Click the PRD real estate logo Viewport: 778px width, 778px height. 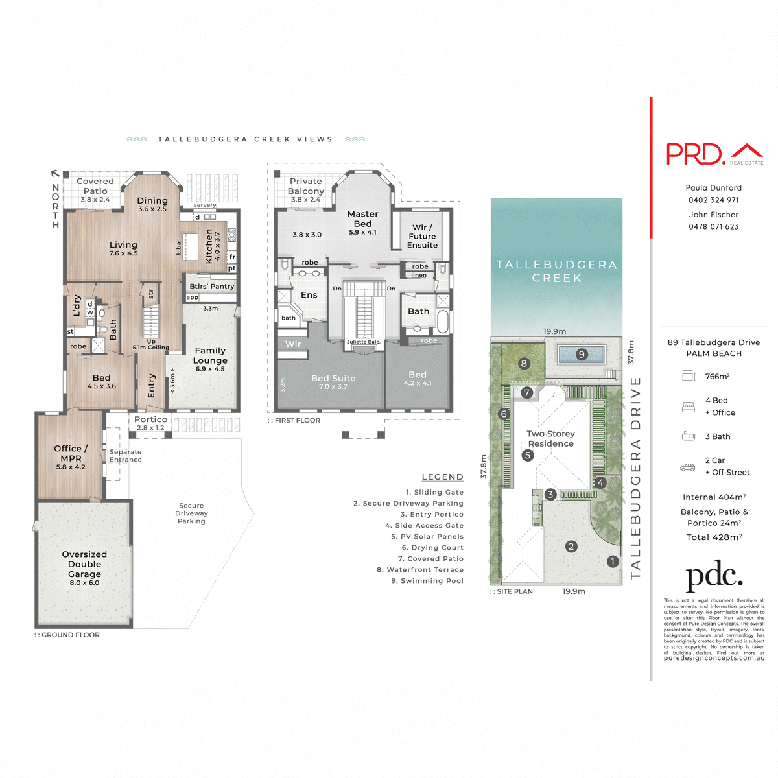pos(714,154)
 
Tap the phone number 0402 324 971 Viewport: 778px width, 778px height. pos(713,200)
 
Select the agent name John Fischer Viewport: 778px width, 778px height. pos(713,215)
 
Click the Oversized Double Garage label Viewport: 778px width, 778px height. pos(84,565)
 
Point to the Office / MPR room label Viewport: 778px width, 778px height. pos(71,453)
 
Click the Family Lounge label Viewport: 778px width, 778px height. pos(210,355)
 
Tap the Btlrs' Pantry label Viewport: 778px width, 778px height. pos(212,286)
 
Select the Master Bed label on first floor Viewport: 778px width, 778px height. pos(362,218)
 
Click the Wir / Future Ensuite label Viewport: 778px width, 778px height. pos(422,237)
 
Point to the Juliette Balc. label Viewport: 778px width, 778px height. pos(363,342)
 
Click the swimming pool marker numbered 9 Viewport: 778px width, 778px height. pos(582,355)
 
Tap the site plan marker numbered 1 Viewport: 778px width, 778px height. pos(613,561)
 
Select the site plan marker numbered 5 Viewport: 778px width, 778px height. pos(528,455)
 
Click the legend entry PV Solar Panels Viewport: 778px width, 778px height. pos(427,537)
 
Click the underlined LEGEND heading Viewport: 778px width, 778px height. pos(442,477)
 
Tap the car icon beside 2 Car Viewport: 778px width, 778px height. pos(687,467)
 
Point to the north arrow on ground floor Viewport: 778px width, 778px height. pos(55,174)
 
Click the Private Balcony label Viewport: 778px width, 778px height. pos(305,186)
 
